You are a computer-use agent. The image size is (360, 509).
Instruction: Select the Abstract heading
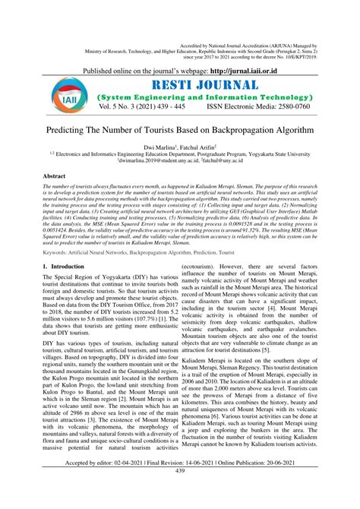(x=55, y=176)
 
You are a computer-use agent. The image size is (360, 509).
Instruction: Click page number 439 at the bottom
(x=180, y=493)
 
